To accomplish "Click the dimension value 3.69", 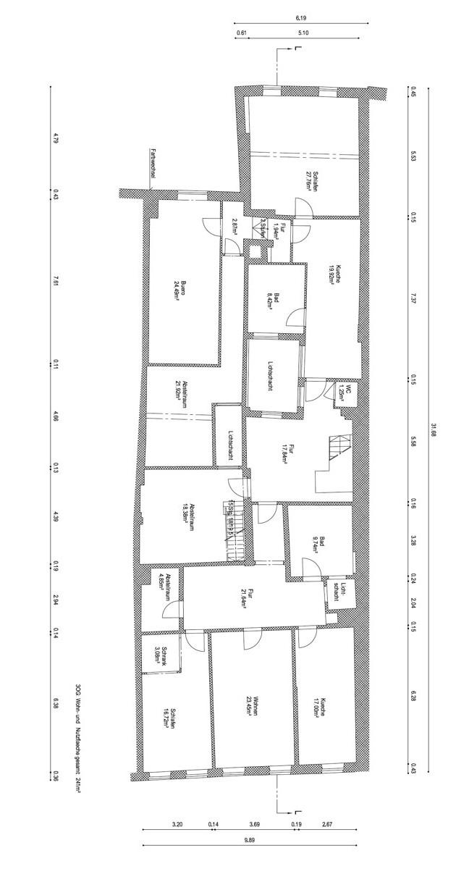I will tap(254, 824).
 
